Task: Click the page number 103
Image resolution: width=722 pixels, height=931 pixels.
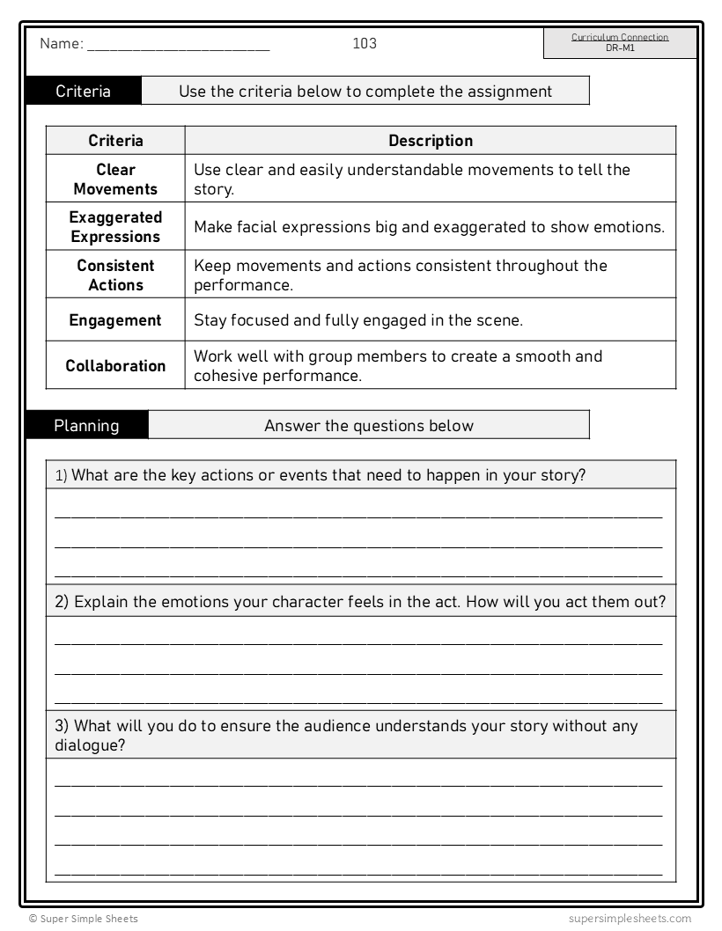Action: (x=365, y=43)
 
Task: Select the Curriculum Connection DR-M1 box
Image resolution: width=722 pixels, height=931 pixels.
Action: (x=620, y=43)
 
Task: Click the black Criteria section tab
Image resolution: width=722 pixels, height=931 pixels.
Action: (x=84, y=92)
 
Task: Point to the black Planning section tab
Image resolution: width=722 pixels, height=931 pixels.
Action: (x=86, y=426)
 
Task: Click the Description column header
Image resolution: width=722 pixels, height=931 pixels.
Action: (x=431, y=141)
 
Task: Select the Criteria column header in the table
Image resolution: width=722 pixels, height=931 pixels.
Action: (x=115, y=141)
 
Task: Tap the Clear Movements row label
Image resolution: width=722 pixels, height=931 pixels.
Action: (x=115, y=180)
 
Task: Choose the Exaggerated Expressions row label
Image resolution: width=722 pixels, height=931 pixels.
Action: (x=115, y=227)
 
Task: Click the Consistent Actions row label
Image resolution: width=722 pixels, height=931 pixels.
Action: (x=115, y=275)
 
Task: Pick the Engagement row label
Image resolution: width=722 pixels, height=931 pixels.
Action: (x=115, y=321)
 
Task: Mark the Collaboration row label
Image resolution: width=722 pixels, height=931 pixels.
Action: (x=115, y=366)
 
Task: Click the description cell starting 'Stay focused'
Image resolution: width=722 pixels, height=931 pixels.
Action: (x=358, y=321)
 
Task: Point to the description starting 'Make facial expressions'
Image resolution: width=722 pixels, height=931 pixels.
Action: (x=429, y=227)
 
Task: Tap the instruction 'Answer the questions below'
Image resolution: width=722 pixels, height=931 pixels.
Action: (x=369, y=426)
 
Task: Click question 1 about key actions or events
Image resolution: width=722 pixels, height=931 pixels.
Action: (x=321, y=475)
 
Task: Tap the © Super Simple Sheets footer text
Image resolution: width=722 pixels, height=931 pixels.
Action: (x=83, y=919)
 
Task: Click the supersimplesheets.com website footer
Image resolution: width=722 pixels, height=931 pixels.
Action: (x=630, y=919)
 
